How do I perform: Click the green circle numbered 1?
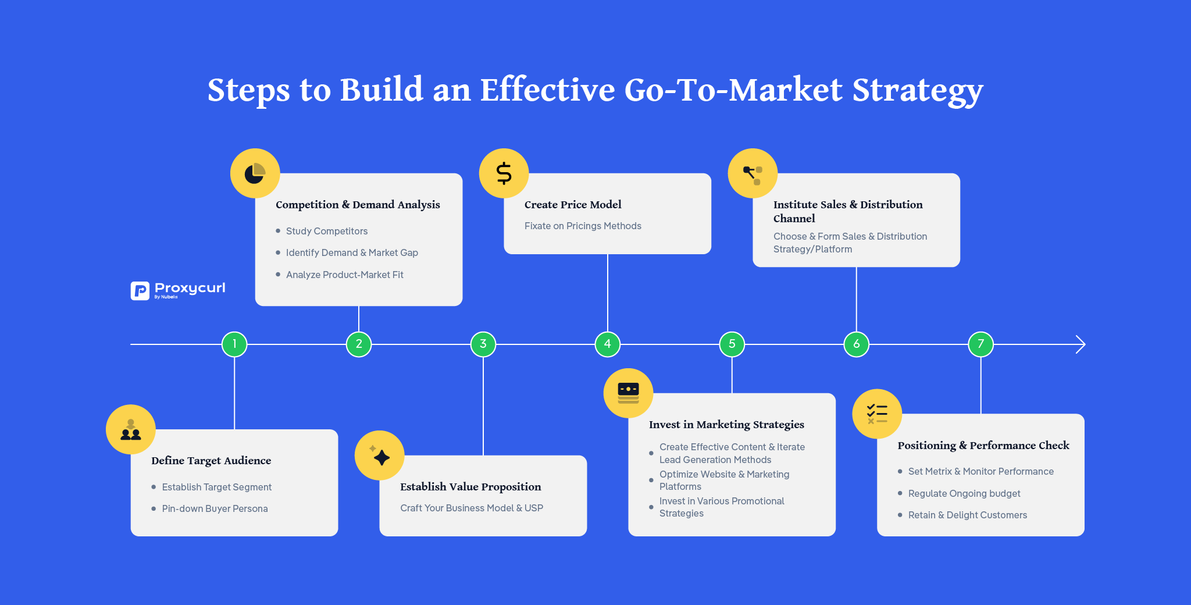tap(234, 344)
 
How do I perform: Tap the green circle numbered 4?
tap(607, 344)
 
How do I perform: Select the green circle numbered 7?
tap(980, 344)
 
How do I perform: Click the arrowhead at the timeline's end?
tap(1081, 344)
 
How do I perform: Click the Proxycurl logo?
tap(178, 290)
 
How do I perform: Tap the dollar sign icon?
tap(504, 173)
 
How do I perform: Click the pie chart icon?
tap(255, 173)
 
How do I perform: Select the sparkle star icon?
tap(380, 456)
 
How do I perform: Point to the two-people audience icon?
tap(131, 430)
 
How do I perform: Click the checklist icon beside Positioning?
tap(877, 414)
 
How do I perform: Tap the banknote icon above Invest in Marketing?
tap(628, 393)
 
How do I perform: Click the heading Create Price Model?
tap(573, 205)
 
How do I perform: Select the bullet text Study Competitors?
tap(327, 231)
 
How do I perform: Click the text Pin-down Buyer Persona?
tap(215, 508)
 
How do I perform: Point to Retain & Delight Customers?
tap(967, 515)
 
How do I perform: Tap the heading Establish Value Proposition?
tap(470, 487)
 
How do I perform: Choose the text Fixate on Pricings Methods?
tap(583, 226)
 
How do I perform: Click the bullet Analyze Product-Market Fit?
tap(344, 275)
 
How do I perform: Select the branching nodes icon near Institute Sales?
tap(753, 173)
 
